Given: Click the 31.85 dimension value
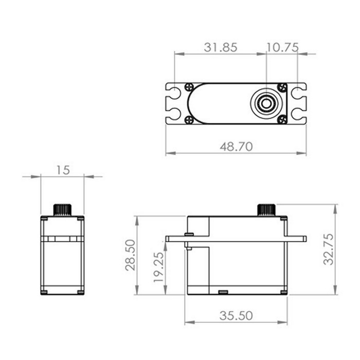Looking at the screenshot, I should click(220, 47).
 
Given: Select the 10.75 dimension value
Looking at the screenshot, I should click(282, 47).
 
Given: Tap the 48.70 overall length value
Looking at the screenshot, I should click(236, 147).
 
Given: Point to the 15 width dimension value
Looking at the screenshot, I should click(62, 170).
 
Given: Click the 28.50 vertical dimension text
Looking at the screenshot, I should click(131, 255).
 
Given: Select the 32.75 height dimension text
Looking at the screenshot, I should click(328, 249).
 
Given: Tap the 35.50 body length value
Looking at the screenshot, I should click(236, 316).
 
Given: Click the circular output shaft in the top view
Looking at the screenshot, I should click(266, 103).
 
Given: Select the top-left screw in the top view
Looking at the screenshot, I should click(189, 87).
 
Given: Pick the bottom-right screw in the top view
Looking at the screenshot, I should click(281, 119).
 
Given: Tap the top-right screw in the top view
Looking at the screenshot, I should click(281, 87).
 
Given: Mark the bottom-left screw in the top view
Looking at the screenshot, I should click(189, 119).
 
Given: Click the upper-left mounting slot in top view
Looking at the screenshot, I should click(173, 94).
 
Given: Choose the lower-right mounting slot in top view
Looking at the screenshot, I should click(298, 113).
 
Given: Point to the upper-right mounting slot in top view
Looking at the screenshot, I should click(298, 94).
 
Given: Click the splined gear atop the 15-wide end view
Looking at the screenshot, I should click(62, 210).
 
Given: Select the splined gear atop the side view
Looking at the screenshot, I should click(266, 210).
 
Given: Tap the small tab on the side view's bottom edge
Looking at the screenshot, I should click(223, 292).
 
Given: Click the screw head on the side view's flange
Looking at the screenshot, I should click(189, 235).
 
